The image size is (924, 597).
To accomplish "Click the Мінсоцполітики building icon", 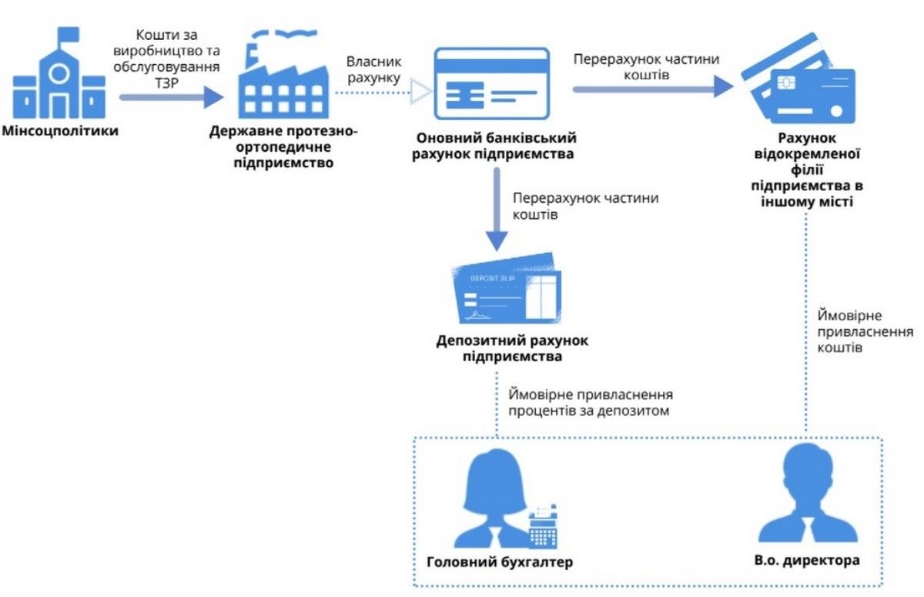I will [x=59, y=77].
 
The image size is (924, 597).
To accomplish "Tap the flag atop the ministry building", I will [x=67, y=35].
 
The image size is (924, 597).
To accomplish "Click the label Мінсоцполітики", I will [x=60, y=131].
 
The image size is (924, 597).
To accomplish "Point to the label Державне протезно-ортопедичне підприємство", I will [x=283, y=147].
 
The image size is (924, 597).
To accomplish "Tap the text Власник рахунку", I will [x=373, y=69].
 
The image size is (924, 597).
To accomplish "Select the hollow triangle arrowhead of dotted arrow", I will [x=420, y=92].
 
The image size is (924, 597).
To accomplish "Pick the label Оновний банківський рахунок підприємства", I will [x=496, y=145].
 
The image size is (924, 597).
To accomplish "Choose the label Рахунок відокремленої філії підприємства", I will [x=805, y=170].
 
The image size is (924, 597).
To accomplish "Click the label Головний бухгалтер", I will [x=500, y=562].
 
